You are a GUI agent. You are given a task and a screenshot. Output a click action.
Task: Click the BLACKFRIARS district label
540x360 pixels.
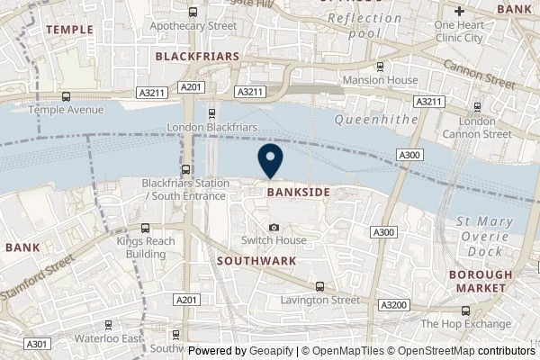196,56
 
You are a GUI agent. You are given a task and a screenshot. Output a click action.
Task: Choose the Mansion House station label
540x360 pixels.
380,79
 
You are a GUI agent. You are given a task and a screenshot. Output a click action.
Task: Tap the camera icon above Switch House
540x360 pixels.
274,227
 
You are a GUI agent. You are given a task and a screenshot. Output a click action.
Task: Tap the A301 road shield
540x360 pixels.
36,343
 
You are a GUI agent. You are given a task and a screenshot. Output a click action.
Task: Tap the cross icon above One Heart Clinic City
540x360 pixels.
459,12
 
